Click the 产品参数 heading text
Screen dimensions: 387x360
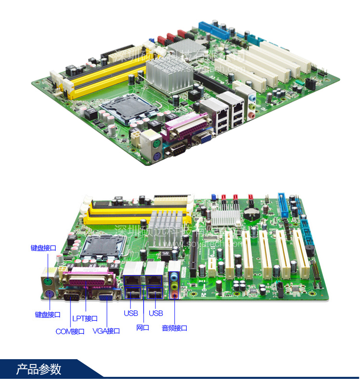click(x=39, y=369)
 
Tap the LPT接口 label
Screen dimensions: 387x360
click(x=85, y=318)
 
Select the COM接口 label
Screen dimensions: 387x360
click(x=70, y=331)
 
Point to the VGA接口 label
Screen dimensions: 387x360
click(x=106, y=331)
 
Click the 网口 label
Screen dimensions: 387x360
click(x=143, y=328)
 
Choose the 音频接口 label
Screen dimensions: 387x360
click(x=174, y=328)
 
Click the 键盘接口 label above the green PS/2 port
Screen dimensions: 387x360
click(x=43, y=248)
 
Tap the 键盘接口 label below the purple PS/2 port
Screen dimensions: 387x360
click(x=48, y=315)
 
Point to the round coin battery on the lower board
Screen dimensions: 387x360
click(x=251, y=212)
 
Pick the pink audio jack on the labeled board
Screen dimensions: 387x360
click(x=175, y=293)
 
